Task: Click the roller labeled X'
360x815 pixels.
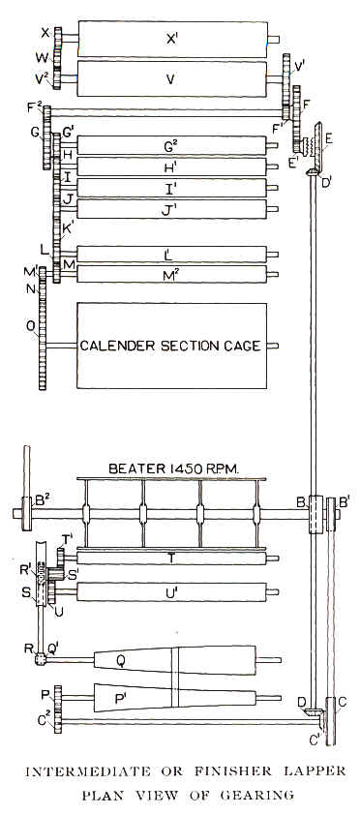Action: click(x=171, y=40)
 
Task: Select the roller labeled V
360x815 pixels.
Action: click(x=171, y=80)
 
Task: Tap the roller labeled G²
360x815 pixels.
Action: click(x=171, y=146)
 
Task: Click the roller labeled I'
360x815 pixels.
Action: click(x=171, y=188)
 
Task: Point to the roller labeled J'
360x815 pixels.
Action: click(x=171, y=208)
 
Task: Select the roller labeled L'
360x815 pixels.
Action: click(x=171, y=254)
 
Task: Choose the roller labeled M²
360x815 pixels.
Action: click(x=171, y=274)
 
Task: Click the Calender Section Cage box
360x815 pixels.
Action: click(x=171, y=345)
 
